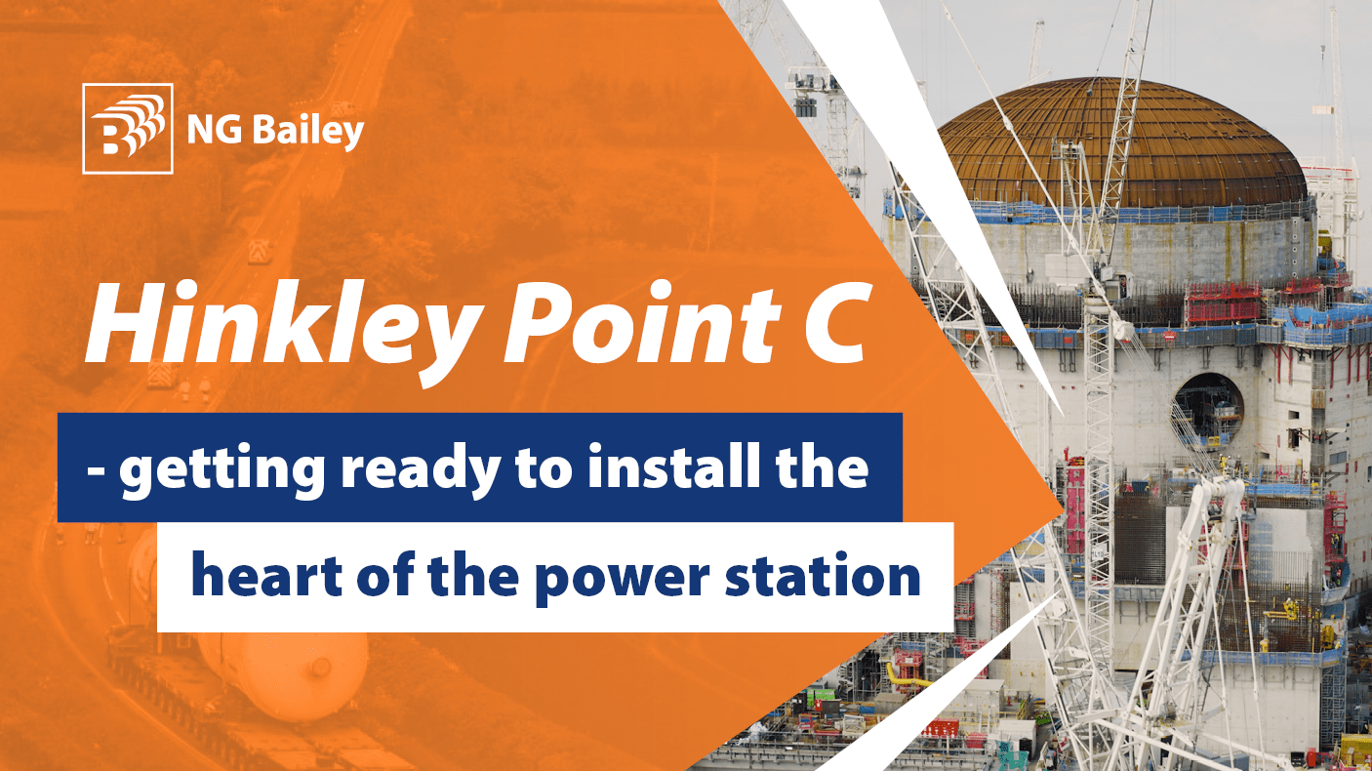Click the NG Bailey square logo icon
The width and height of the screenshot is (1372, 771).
coord(128,129)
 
